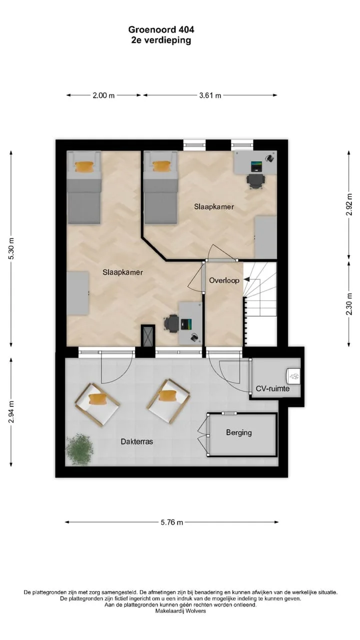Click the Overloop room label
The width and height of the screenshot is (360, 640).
click(224, 280)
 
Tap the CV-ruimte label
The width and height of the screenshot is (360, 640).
click(272, 388)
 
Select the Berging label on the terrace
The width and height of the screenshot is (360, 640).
click(239, 432)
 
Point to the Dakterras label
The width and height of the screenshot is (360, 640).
click(136, 441)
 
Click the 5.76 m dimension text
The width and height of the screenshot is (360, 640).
click(171, 522)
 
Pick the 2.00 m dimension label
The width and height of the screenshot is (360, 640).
click(103, 95)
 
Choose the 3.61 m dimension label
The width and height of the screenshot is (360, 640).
click(210, 95)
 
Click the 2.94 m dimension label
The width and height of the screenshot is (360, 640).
click(11, 411)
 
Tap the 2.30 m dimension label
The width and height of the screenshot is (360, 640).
click(349, 304)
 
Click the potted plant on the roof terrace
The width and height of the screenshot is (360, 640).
click(79, 449)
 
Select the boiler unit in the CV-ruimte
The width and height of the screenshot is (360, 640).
click(293, 374)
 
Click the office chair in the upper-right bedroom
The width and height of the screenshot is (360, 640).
click(256, 181)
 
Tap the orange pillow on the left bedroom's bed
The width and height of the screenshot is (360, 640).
click(84, 166)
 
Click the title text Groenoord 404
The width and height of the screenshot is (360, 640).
click(161, 29)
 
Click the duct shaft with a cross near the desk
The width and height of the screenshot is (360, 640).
click(148, 335)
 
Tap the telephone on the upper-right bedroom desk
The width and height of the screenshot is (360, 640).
click(270, 157)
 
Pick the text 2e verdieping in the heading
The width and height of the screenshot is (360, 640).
click(161, 40)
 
